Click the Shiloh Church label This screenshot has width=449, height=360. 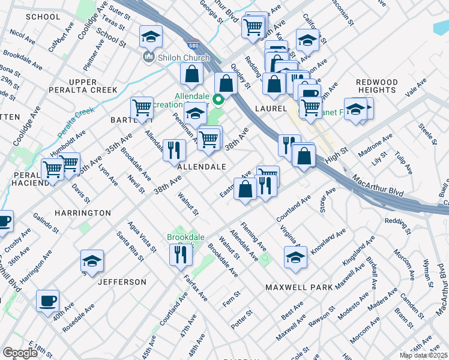point(182,58)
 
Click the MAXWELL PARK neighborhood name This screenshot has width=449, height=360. point(299,287)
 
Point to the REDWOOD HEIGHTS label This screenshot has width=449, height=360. point(376,86)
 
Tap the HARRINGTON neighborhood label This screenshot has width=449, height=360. point(82,213)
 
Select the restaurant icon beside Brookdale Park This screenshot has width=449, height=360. point(179,255)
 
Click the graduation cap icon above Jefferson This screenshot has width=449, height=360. point(92,261)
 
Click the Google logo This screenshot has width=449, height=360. point(20,353)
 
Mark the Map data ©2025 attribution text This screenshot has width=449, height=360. point(423,355)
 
